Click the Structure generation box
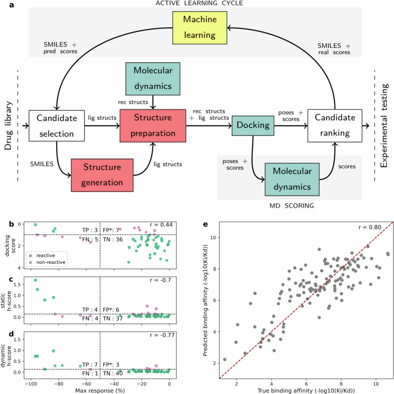102,175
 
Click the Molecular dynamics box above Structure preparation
155,79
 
